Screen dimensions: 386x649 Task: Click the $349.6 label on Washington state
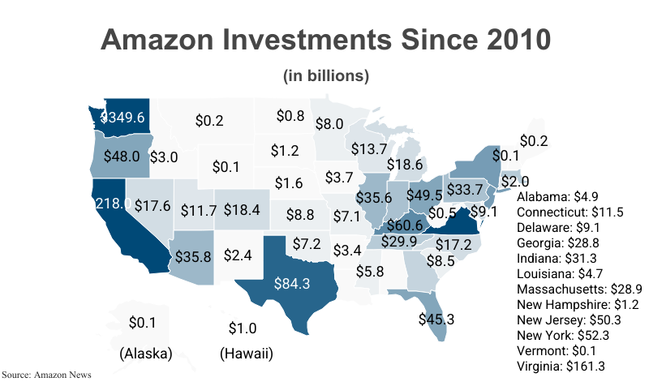tap(122, 118)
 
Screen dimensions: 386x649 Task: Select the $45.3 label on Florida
tap(436, 319)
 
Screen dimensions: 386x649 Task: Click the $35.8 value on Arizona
tap(193, 256)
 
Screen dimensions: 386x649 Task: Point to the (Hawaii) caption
tap(247, 354)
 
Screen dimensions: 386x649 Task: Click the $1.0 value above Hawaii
tap(242, 328)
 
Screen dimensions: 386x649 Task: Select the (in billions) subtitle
tap(326, 76)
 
